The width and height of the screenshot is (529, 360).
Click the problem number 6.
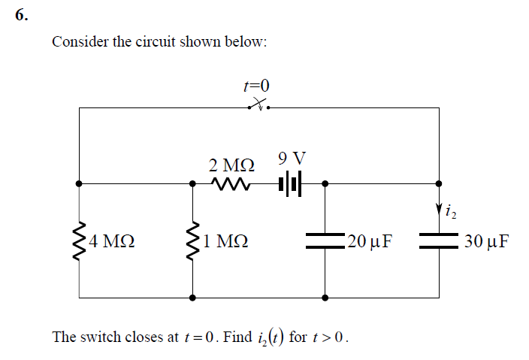22,17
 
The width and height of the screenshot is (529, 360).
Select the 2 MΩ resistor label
231,164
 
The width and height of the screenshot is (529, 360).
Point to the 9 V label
292,159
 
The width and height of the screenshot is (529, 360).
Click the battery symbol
289,183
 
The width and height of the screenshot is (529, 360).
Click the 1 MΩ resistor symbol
193,241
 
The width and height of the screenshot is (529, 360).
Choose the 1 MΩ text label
226,242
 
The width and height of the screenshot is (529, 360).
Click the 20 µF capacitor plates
325,241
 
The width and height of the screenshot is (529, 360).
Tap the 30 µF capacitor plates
439,241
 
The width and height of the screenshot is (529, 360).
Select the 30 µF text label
487,242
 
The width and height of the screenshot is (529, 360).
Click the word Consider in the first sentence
79,41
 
